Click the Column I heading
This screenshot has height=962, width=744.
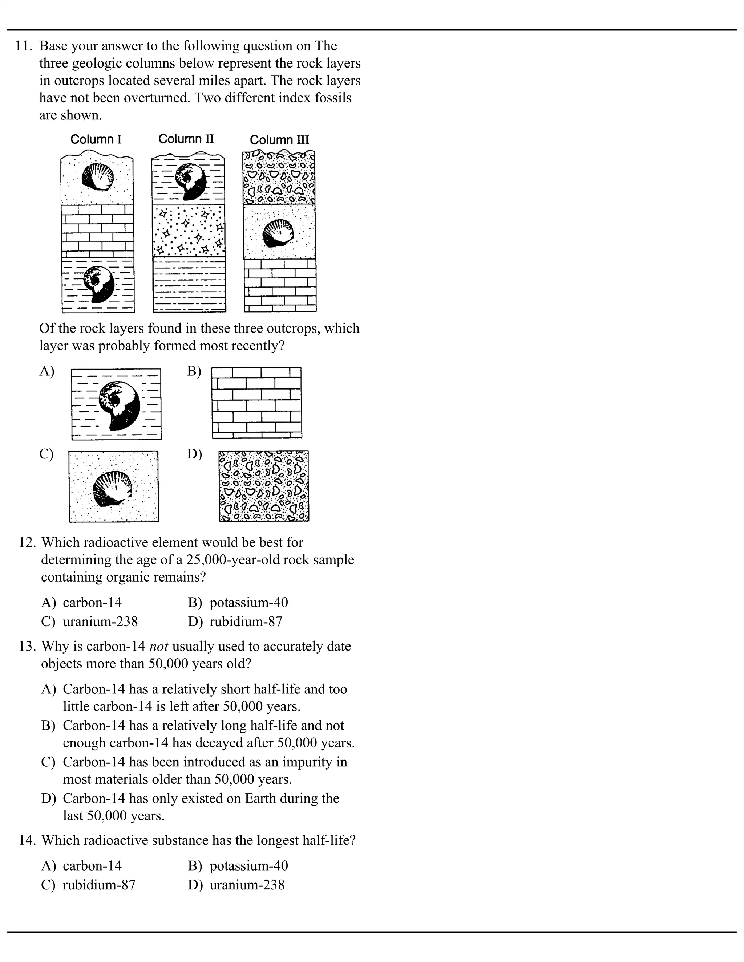coord(96,140)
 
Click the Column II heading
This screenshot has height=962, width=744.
coord(186,139)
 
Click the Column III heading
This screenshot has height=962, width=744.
coord(279,140)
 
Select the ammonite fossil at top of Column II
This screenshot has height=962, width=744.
coord(190,182)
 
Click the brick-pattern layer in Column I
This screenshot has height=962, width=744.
coord(97,231)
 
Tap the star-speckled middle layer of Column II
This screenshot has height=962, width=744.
coord(189,231)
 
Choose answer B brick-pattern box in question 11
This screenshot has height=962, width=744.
coord(256,403)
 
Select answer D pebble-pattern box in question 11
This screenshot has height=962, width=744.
coord(264,486)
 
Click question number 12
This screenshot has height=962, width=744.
coord(27,543)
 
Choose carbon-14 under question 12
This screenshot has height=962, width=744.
coord(92,603)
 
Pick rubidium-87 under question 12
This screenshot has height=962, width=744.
coord(246,621)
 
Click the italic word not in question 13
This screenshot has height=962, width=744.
coord(159,647)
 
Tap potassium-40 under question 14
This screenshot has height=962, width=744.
coord(248,866)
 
